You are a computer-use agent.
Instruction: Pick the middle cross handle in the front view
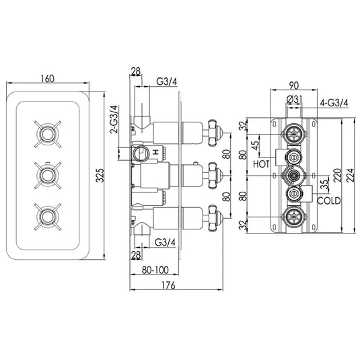pyautogui.click(x=46, y=177)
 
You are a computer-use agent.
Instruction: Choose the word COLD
pyautogui.click(x=329, y=201)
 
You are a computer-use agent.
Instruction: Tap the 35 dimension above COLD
pyautogui.click(x=324, y=182)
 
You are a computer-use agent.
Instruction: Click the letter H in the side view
pyautogui.click(x=156, y=153)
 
